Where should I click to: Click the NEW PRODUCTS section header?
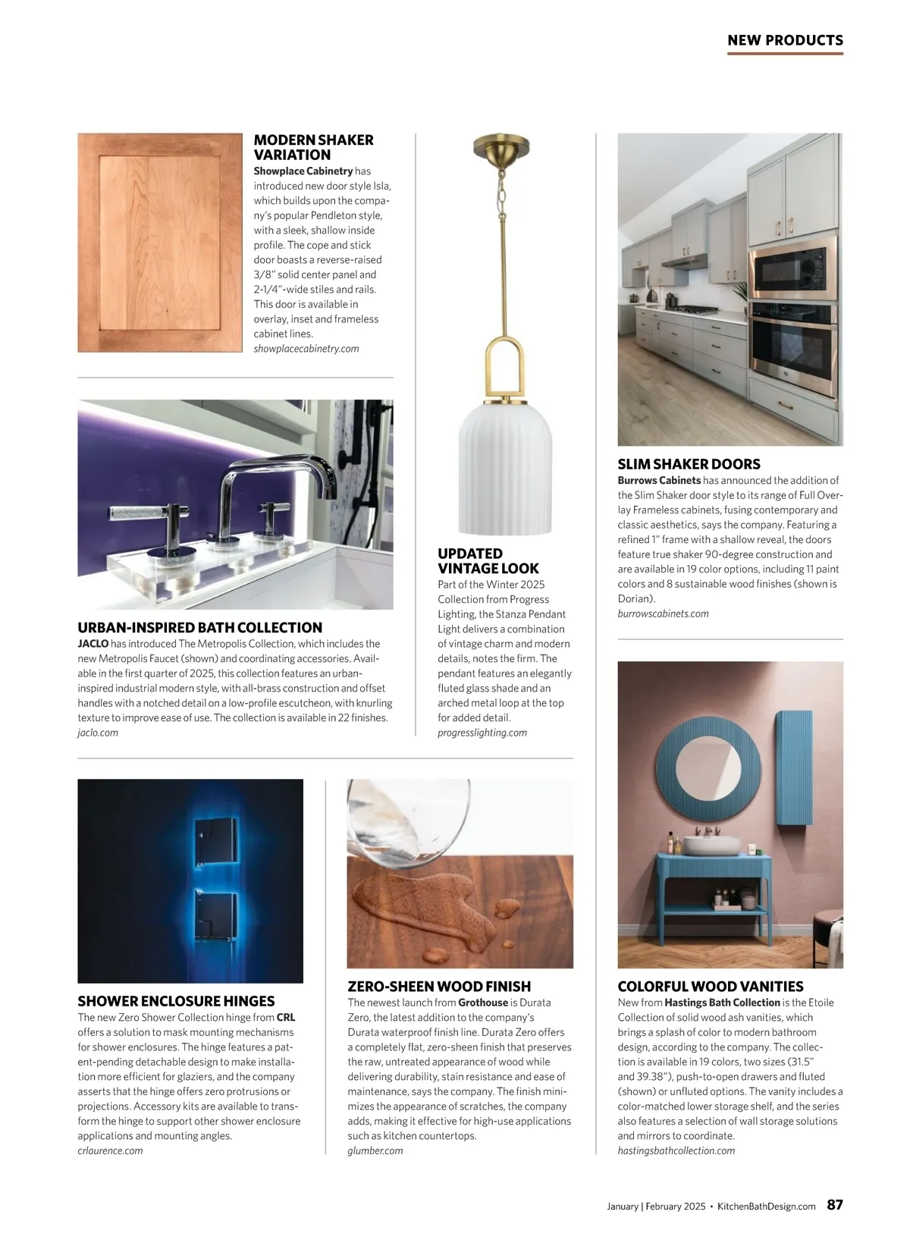click(785, 40)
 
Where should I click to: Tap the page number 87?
click(834, 1204)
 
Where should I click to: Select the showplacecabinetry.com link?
click(306, 349)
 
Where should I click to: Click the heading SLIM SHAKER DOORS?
click(689, 464)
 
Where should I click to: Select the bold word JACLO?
click(93, 644)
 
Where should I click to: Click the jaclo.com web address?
click(98, 733)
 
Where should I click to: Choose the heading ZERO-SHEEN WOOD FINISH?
click(439, 987)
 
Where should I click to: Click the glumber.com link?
click(375, 1150)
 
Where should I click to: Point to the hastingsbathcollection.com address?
click(676, 1150)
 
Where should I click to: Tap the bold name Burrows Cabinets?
click(659, 480)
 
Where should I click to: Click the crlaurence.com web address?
click(110, 1150)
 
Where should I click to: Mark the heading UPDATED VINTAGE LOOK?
click(488, 561)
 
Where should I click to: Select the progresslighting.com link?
click(482, 733)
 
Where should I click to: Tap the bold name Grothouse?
click(483, 1003)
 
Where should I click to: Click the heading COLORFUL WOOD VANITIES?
click(711, 987)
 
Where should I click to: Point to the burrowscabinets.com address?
click(663, 614)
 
